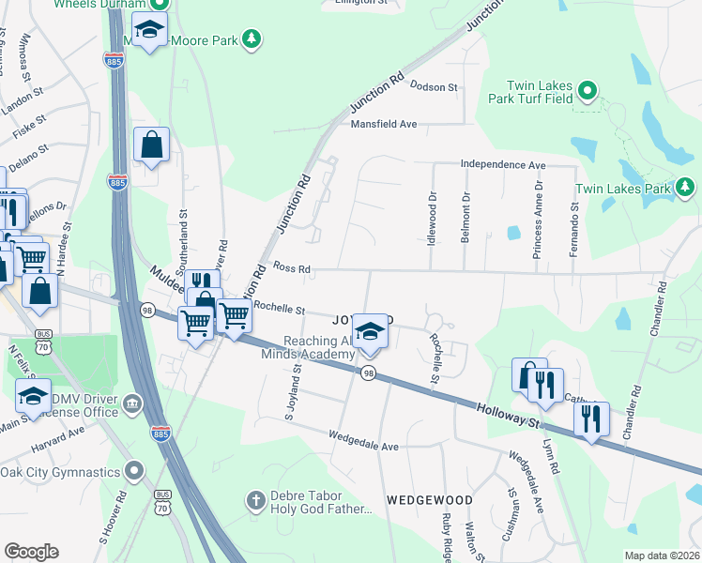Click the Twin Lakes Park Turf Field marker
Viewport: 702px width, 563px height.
(x=588, y=91)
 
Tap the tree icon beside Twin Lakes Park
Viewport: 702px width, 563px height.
(x=686, y=189)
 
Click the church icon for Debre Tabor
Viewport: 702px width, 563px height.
(x=253, y=501)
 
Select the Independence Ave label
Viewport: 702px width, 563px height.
(x=502, y=164)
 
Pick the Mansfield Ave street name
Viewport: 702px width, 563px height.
(x=383, y=124)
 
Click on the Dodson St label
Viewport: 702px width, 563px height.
(x=433, y=87)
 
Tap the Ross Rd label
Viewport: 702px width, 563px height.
(x=291, y=268)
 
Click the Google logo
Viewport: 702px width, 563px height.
(x=31, y=552)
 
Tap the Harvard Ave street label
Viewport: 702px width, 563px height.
(x=57, y=433)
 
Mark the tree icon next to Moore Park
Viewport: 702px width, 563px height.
(x=251, y=38)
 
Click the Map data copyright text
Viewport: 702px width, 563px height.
(x=662, y=555)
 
